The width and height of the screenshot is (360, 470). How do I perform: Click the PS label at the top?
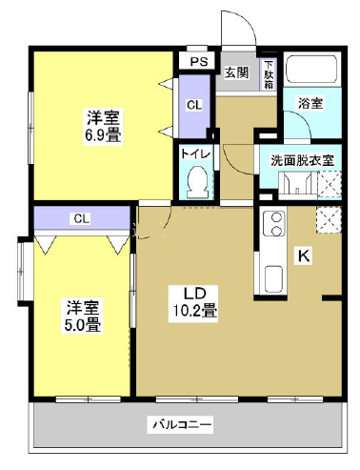click(197, 62)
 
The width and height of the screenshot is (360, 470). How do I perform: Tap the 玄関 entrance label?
click(236, 72)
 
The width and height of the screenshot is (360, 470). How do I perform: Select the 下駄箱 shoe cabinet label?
click(270, 70)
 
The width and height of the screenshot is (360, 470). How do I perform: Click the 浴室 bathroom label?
click(310, 103)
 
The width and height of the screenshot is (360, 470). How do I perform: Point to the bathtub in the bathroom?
click(312, 71)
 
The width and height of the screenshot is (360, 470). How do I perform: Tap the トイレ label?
click(198, 151)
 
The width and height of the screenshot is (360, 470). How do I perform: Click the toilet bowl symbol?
click(199, 179)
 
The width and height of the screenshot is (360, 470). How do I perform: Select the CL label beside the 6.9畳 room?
click(193, 105)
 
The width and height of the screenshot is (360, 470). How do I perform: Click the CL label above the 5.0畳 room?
click(81, 218)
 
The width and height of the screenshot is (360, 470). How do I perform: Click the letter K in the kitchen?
click(303, 255)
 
